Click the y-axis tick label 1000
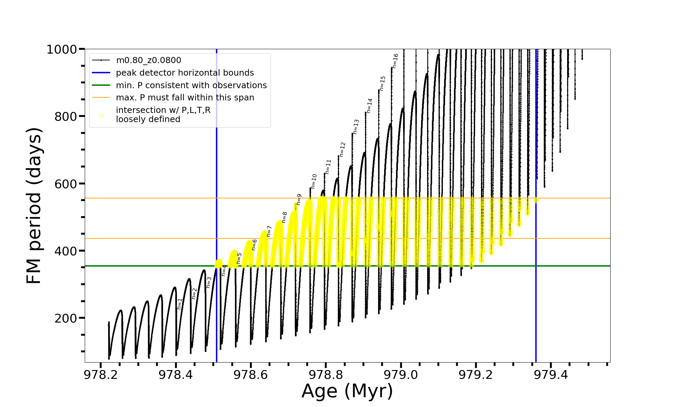(x=62, y=50)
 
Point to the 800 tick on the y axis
(x=65, y=117)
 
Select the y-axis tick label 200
(x=65, y=318)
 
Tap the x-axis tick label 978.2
(x=101, y=375)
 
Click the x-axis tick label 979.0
(x=401, y=375)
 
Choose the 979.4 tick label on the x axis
(x=551, y=375)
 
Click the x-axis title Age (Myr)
(x=347, y=391)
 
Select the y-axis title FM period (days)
(x=34, y=206)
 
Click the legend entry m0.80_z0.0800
(x=148, y=60)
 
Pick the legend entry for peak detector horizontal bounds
(x=185, y=73)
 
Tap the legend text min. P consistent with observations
(x=191, y=85)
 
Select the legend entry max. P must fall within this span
(x=185, y=98)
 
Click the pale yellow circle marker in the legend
(x=101, y=115)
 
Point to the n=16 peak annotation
(x=395, y=61)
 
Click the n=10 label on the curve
(x=314, y=181)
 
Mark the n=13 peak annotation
(x=356, y=127)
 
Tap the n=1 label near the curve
(x=180, y=304)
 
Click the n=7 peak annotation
(x=269, y=231)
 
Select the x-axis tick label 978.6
(x=251, y=375)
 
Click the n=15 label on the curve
(x=382, y=83)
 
